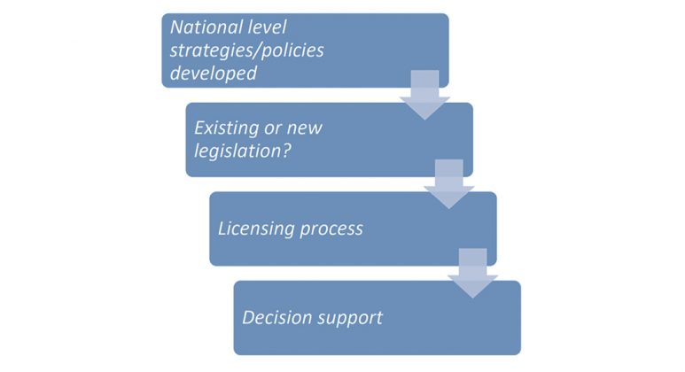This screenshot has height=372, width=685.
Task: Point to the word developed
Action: [214, 74]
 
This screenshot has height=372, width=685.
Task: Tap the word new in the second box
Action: [305, 128]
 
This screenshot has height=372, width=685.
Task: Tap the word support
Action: [351, 317]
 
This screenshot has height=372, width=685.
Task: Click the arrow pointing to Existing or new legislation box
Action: [425, 94]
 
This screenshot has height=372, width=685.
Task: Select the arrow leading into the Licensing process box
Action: [449, 183]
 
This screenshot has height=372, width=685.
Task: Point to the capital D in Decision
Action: [248, 317]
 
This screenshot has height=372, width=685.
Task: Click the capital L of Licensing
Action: [222, 229]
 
